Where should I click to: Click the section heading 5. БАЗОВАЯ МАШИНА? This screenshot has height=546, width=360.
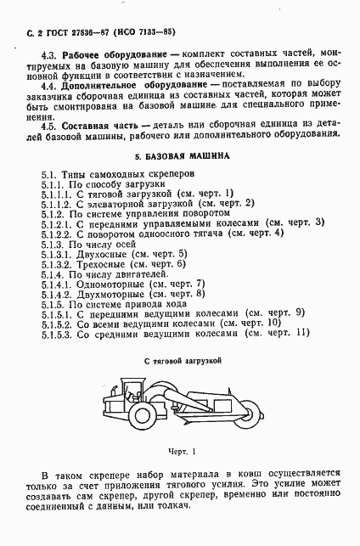181,158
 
